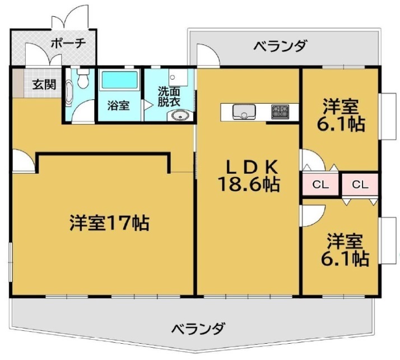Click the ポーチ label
(x=68, y=43)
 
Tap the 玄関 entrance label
(x=44, y=84)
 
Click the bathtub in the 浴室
(x=119, y=80)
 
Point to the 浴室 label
(x=118, y=105)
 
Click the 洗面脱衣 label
(x=169, y=96)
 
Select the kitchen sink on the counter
(x=244, y=112)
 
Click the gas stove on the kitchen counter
(x=280, y=112)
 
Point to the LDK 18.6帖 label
(x=249, y=176)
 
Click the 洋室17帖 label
(x=109, y=223)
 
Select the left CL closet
(x=320, y=184)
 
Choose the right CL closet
(x=360, y=184)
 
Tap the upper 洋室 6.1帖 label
(x=341, y=114)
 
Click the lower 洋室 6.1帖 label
(x=345, y=250)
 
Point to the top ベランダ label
(x=280, y=46)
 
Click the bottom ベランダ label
(x=198, y=328)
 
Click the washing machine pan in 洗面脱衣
(x=178, y=77)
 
